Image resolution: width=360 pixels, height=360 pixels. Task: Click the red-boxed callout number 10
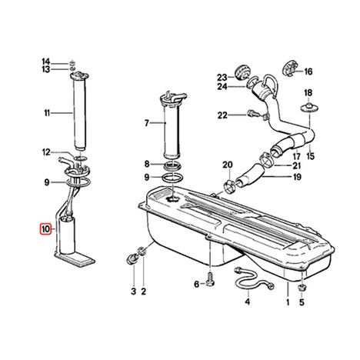click(45, 228)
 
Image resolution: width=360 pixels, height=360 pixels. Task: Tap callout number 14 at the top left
click(46, 62)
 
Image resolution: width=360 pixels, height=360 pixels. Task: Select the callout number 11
click(47, 113)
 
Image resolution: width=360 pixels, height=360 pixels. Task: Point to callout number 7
click(146, 123)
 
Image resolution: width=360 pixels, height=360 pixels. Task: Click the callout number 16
click(308, 72)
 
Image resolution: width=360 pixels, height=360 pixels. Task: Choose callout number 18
click(308, 92)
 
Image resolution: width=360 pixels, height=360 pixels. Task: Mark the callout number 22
click(222, 115)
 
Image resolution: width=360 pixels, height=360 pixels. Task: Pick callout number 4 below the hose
click(247, 302)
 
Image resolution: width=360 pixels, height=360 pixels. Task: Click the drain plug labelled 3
click(132, 258)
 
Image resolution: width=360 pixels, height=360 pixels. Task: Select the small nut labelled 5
click(302, 288)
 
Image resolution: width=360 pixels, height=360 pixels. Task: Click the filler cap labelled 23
click(242, 72)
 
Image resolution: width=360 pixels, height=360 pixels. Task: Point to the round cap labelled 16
click(290, 68)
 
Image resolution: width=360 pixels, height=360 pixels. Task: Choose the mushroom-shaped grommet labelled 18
click(309, 108)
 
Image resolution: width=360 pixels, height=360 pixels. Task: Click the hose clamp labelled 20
click(230, 186)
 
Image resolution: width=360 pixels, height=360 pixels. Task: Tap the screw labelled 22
click(252, 113)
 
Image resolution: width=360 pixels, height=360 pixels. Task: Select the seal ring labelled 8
click(172, 166)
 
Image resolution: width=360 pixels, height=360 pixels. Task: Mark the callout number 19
click(297, 177)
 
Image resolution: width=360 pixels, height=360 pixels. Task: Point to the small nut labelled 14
click(72, 62)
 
